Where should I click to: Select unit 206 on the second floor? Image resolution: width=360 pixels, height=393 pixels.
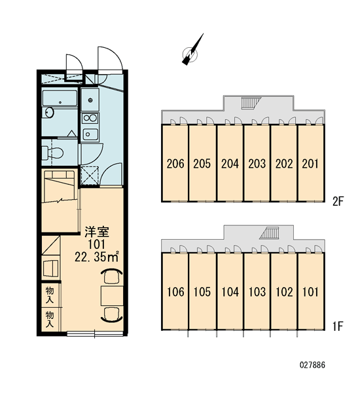pyautogui.click(x=175, y=164)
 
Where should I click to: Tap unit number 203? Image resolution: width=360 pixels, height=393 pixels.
pyautogui.click(x=257, y=164)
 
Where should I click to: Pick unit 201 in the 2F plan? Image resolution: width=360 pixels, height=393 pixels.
pyautogui.click(x=310, y=164)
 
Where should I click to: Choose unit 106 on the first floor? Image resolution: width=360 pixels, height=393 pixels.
pyautogui.click(x=175, y=291)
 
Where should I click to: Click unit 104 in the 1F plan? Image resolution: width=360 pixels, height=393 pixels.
pyautogui.click(x=230, y=291)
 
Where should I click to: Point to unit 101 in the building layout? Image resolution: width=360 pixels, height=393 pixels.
pyautogui.click(x=310, y=291)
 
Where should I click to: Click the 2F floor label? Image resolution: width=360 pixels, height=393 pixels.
pyautogui.click(x=338, y=201)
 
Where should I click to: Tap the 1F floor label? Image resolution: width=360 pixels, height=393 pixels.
pyautogui.click(x=338, y=326)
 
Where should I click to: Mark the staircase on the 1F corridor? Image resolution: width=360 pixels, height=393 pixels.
pyautogui.click(x=269, y=233)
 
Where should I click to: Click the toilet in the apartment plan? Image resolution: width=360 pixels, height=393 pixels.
pyautogui.click(x=52, y=153)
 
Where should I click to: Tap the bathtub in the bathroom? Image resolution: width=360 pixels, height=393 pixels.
pyautogui.click(x=60, y=98)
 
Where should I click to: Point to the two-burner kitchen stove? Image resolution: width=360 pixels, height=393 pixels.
pyautogui.click(x=90, y=117)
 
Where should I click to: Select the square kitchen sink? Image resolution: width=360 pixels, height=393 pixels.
pyautogui.click(x=90, y=134)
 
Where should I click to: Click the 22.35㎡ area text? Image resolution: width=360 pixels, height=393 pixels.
pyautogui.click(x=96, y=256)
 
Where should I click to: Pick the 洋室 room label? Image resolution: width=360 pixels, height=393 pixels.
pyautogui.click(x=96, y=232)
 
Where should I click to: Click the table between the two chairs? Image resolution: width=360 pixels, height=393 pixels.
pyautogui.click(x=112, y=296)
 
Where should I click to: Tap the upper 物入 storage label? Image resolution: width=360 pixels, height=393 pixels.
pyautogui.click(x=50, y=295)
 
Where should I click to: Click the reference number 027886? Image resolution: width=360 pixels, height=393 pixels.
pyautogui.click(x=312, y=365)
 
